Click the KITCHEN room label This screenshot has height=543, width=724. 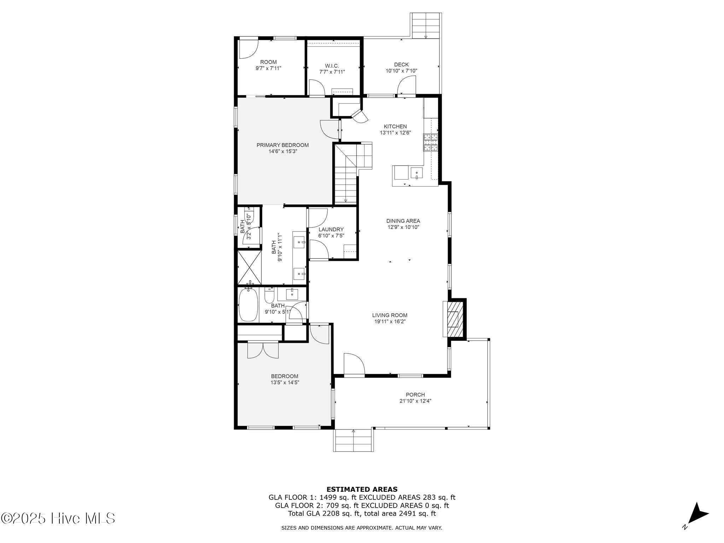pyautogui.click(x=395, y=127)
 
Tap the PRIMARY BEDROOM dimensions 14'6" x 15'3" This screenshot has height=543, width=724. pyautogui.click(x=282, y=151)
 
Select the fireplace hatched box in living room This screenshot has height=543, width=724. pyautogui.click(x=453, y=319)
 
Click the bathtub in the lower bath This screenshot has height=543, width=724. pyautogui.click(x=247, y=305)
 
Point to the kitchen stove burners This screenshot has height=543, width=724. pyautogui.click(x=431, y=142)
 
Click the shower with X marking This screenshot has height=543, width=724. pyautogui.click(x=250, y=267)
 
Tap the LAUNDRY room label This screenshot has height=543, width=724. pyautogui.click(x=331, y=229)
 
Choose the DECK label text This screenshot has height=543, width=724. pyautogui.click(x=401, y=65)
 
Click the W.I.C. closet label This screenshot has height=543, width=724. pyautogui.click(x=332, y=66)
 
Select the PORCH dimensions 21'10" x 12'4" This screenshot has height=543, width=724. pyautogui.click(x=415, y=401)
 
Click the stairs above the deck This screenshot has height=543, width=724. pyautogui.click(x=426, y=25)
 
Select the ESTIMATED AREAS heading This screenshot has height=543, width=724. pyautogui.click(x=362, y=489)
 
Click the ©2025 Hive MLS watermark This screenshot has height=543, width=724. pyautogui.click(x=58, y=518)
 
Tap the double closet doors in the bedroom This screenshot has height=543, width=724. pyautogui.click(x=263, y=350)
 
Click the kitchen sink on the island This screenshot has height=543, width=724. pyautogui.click(x=417, y=173)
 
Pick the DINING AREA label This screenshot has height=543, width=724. pyautogui.click(x=403, y=221)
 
